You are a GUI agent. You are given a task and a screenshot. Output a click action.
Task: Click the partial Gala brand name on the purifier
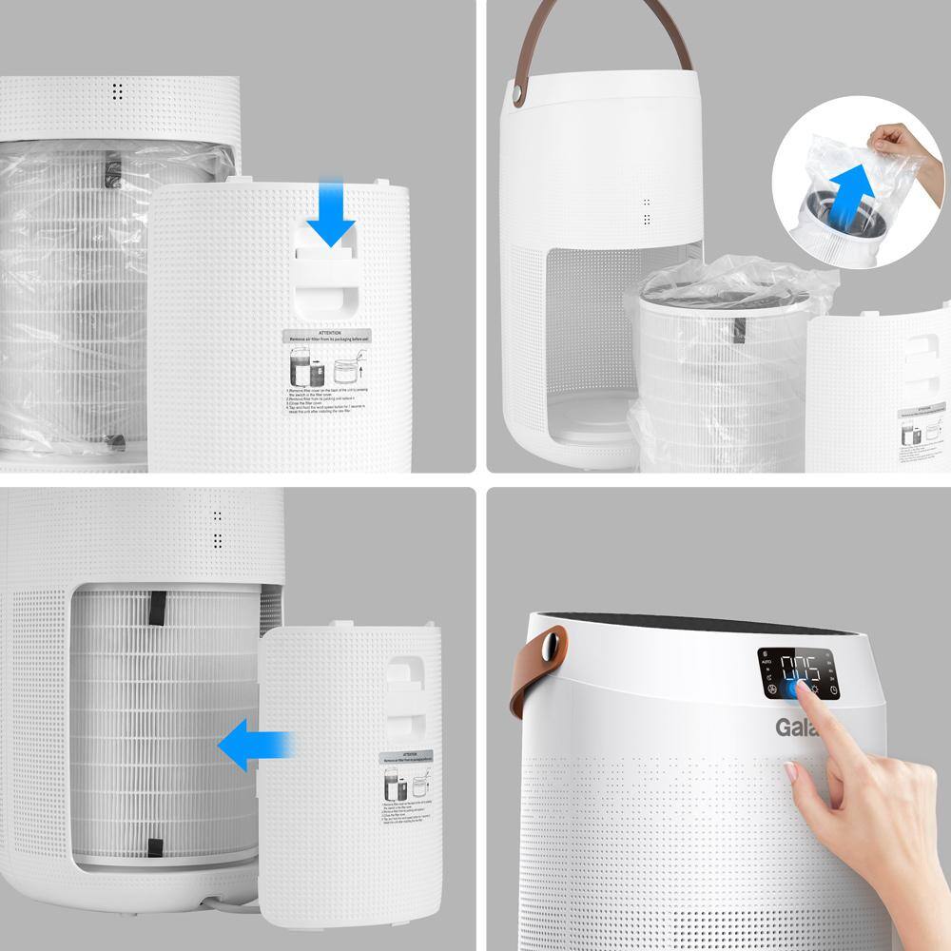791,728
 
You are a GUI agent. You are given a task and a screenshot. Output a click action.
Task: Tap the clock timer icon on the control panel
833,690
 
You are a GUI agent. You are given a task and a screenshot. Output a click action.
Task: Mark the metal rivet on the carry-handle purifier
517,96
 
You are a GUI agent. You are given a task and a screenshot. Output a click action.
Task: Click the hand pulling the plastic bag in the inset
897,144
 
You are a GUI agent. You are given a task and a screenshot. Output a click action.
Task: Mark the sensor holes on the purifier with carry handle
646,211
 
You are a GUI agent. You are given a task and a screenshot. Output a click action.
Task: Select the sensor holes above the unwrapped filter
217,528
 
